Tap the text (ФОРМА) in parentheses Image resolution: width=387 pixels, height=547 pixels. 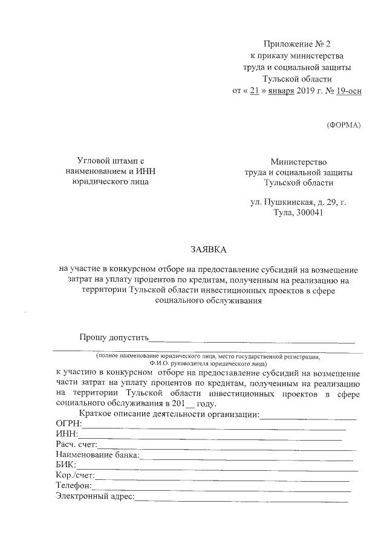point(343,125)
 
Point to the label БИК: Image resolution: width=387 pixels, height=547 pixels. point(65,465)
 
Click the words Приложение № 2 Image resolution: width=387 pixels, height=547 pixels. point(298,44)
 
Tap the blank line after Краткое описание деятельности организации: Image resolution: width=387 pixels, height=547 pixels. point(308,418)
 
